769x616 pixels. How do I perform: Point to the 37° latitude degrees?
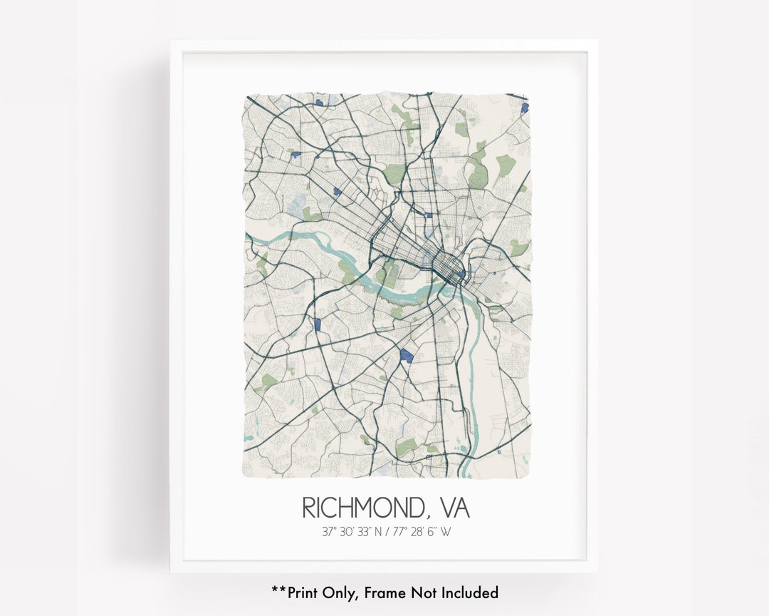tap(328, 532)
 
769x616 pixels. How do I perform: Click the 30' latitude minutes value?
tap(348, 532)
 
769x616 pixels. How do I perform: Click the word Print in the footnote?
tap(304, 592)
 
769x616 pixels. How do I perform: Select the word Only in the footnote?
tap(340, 592)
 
